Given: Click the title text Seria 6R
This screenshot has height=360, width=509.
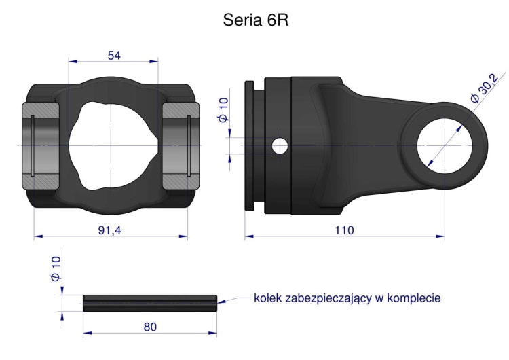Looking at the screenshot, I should click(256, 20).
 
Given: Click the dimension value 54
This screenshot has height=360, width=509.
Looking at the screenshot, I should click(114, 56).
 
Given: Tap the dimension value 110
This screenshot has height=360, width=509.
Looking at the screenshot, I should click(344, 231).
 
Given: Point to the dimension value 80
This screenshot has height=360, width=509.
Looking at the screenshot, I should click(150, 327).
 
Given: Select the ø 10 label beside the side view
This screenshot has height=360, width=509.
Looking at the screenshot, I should click(223, 109).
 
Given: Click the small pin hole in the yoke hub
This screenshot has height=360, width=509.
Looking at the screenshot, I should click(279, 145).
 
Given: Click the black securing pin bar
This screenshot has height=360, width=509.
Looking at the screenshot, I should click(150, 303).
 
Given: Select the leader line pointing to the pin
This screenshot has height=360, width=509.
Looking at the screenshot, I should click(235, 299).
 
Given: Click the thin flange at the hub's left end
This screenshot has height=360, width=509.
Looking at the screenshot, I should click(249, 145).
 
